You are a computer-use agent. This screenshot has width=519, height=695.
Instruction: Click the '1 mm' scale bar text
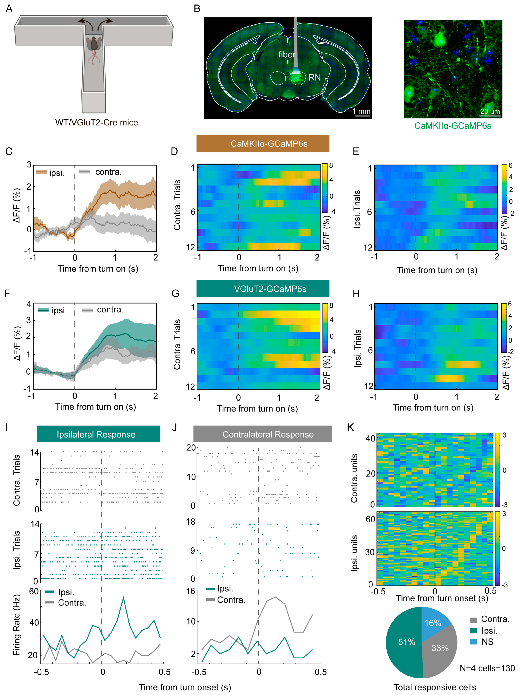coord(361,111)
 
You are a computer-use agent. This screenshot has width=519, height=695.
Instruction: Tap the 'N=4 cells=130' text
coord(487,668)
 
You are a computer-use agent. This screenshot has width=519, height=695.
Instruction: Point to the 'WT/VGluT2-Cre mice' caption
coord(96,123)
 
